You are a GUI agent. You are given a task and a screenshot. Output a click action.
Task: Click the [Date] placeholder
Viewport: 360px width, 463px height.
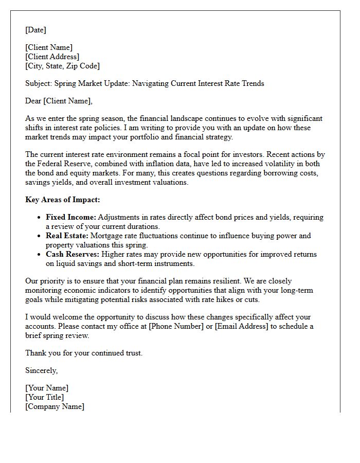point(35,30)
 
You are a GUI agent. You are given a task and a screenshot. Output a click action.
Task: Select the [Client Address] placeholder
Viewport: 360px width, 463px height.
point(52,57)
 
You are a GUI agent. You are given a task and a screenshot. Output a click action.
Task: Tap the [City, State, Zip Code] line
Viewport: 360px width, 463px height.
point(62,66)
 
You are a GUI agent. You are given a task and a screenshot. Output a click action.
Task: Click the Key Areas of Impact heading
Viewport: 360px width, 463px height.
point(63,200)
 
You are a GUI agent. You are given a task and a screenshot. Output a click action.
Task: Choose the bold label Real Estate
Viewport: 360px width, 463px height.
point(67,236)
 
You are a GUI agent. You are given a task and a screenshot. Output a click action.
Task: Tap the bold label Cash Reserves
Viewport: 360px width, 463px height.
point(73,254)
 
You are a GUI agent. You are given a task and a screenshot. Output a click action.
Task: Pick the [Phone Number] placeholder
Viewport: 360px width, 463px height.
point(174,326)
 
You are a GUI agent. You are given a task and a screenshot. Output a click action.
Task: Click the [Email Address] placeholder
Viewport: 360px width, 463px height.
point(238,326)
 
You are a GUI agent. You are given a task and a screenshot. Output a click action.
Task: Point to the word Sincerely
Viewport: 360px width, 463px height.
point(41,370)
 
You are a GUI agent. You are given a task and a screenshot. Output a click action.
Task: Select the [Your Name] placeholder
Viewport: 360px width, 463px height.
point(47,388)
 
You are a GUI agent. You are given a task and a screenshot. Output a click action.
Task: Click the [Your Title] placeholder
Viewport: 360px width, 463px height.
point(45,397)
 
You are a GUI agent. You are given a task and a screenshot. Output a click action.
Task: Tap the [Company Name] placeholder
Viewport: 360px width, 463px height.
point(55,406)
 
